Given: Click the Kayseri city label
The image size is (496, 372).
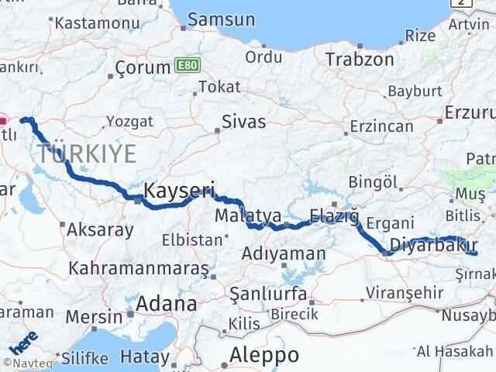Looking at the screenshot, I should pyautogui.click(x=179, y=190).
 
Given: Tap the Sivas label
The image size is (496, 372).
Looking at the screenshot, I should pyautogui.click(x=243, y=122).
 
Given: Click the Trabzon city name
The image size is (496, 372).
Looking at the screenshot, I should pyautogui.click(x=359, y=59).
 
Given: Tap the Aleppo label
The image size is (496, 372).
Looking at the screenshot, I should pyautogui.click(x=264, y=355).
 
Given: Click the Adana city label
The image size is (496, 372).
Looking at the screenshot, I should pyautogui.click(x=165, y=304).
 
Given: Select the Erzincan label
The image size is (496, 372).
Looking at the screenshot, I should pyautogui.click(x=381, y=125).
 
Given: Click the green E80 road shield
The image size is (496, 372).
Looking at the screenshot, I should pyautogui.click(x=185, y=64).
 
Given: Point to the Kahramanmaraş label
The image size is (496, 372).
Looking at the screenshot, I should pyautogui.click(x=139, y=268).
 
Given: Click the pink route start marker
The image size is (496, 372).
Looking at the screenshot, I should pyautogui.click(x=3, y=120).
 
